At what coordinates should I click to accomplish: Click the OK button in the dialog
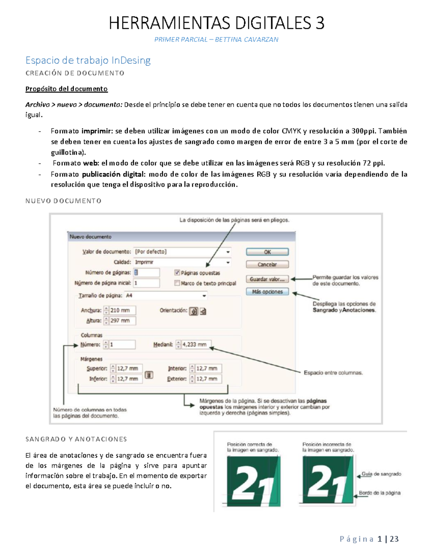(267, 252)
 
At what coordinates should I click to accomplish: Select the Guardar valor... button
(267, 279)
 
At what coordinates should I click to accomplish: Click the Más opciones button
(267, 292)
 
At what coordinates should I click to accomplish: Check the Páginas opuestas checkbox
(177, 273)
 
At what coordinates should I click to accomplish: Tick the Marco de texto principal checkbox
(177, 283)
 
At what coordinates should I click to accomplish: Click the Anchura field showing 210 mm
(122, 310)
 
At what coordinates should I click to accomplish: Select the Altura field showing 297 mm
(122, 321)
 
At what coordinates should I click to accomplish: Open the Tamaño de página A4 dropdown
(166, 296)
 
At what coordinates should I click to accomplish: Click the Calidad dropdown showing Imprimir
(182, 262)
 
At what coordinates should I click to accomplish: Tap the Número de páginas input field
(146, 273)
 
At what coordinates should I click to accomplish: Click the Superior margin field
(129, 369)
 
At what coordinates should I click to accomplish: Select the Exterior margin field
(208, 379)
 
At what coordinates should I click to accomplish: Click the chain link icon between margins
(149, 375)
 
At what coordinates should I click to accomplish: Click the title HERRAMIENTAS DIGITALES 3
(216, 23)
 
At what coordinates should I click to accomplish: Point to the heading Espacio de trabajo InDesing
(88, 60)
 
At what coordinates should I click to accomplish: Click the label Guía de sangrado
(381, 474)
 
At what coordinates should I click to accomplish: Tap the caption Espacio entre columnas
(333, 373)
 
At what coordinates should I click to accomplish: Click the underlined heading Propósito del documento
(66, 89)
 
